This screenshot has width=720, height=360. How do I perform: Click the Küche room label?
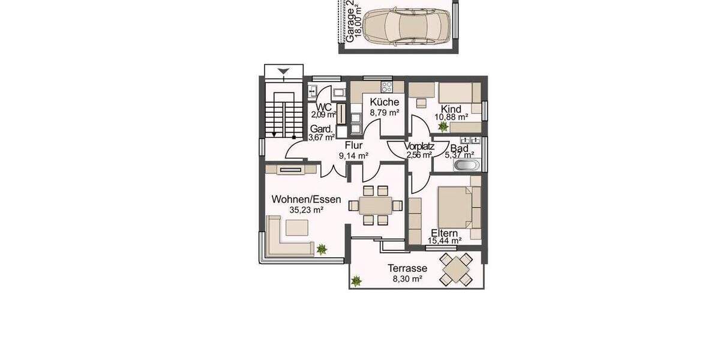coord(385,102)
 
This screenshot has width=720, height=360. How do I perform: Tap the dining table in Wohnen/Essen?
coord(376,205)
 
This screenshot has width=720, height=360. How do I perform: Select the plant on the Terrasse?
coord(356,280)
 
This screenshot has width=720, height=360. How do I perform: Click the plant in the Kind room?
coord(443,127)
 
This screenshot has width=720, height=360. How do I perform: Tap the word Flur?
coord(353,145)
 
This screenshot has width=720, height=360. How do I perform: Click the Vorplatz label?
coord(419,146)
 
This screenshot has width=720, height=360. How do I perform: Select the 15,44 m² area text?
coord(445,241)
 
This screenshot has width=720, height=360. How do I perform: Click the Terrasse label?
coord(407,268)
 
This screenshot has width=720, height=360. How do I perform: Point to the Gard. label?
coord(322,130)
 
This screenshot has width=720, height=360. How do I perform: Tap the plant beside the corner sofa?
coord(322,248)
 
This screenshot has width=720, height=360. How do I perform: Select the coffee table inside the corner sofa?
coord(297,227)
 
